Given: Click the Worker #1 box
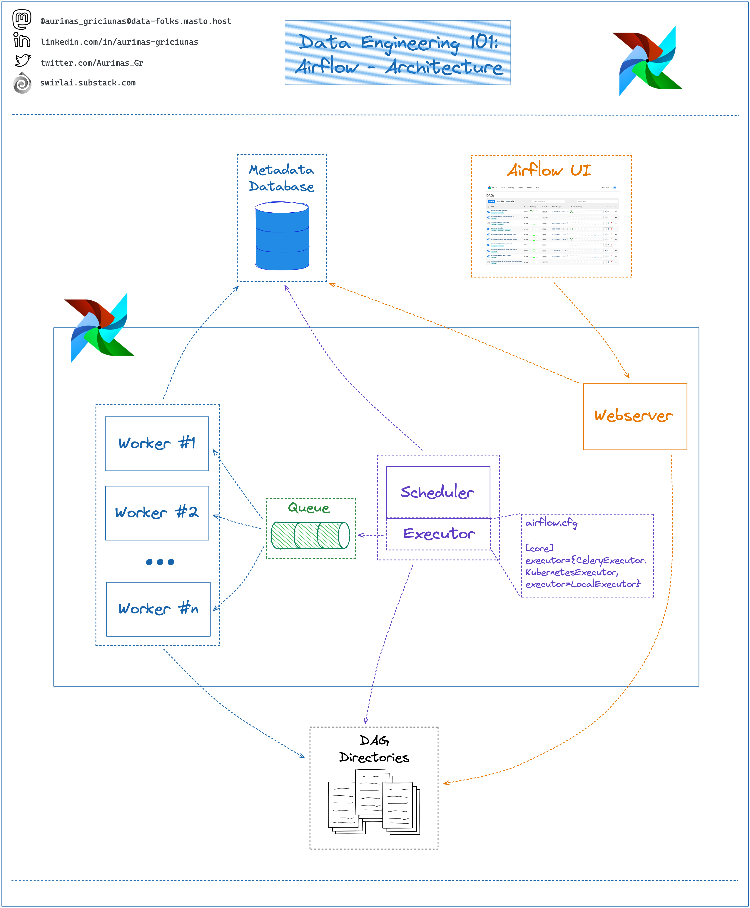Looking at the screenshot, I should point(157,444).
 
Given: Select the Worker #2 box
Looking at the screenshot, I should point(157,513).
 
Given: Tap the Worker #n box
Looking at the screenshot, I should point(158,609).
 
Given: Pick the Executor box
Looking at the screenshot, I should point(438,534).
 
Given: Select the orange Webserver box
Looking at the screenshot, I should point(635,416).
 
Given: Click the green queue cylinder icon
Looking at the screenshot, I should point(310,535).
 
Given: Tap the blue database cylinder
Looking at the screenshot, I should point(282,236).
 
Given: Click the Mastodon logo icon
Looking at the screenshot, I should point(22,19).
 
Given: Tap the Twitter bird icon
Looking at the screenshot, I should point(22,61).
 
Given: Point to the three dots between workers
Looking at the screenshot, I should point(160,562).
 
